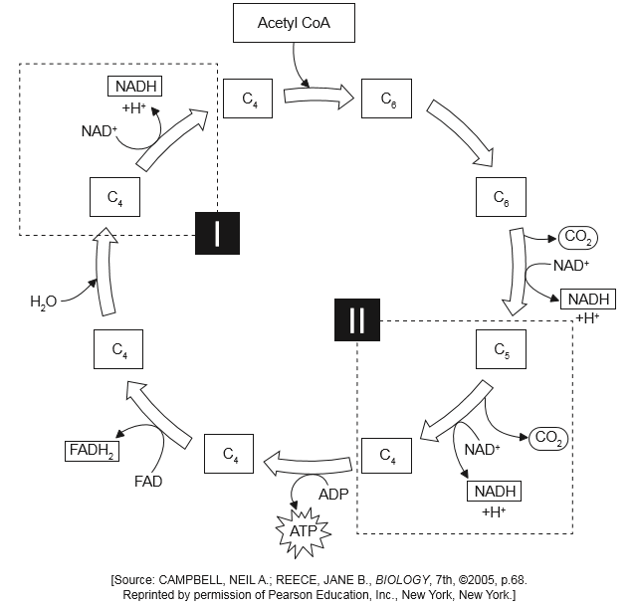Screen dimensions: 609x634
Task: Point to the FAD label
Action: [149, 482]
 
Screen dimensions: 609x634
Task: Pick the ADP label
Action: [333, 493]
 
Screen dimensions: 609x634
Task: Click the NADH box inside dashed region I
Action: [134, 87]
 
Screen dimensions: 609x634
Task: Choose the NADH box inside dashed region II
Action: [495, 491]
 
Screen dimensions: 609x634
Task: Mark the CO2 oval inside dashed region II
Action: [548, 437]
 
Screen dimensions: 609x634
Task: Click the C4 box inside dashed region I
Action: [115, 197]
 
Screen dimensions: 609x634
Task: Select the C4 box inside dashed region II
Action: [386, 456]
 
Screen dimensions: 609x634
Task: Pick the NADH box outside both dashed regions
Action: [588, 300]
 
